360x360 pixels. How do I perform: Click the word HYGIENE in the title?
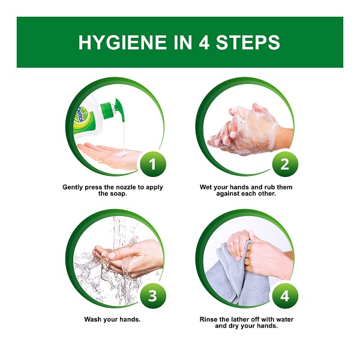click(122, 42)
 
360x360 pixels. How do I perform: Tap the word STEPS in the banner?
click(248, 42)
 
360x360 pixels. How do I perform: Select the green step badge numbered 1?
click(153, 164)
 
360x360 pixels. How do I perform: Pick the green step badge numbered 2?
click(285, 164)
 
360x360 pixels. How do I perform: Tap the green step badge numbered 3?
click(153, 296)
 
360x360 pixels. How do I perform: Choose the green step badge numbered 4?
click(285, 296)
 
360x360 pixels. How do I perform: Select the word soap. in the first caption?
click(118, 194)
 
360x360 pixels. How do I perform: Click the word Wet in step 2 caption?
click(205, 187)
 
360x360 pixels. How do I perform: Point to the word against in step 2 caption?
click(227, 194)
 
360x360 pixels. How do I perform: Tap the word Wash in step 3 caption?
click(93, 319)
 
